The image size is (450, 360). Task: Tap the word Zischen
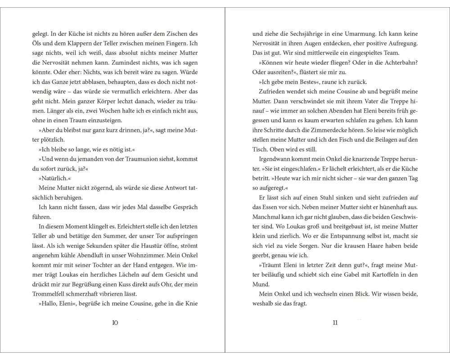tap(168, 34)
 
